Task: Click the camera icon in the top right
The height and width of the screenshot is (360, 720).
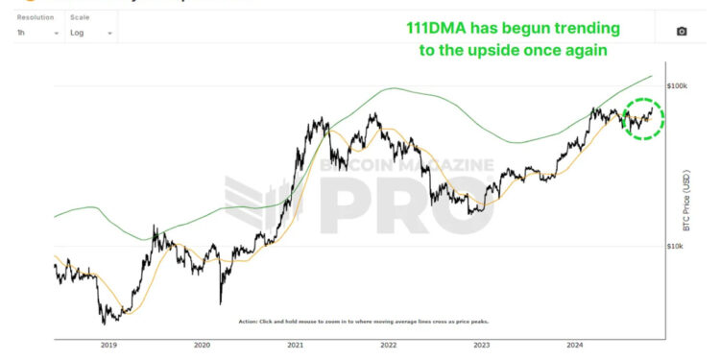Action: (682, 32)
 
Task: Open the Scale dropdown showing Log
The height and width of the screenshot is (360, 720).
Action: (91, 33)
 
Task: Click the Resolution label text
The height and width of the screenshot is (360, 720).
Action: (35, 17)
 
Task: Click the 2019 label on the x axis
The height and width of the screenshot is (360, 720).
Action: (108, 345)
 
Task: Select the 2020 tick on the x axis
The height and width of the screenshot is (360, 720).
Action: (202, 345)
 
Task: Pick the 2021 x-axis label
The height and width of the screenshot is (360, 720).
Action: (295, 345)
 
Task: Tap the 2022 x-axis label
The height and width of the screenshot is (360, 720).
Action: (388, 345)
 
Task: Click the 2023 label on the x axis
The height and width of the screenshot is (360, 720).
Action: (481, 345)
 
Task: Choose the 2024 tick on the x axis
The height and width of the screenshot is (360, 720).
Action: (574, 345)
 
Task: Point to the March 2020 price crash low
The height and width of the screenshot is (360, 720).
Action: (222, 300)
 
